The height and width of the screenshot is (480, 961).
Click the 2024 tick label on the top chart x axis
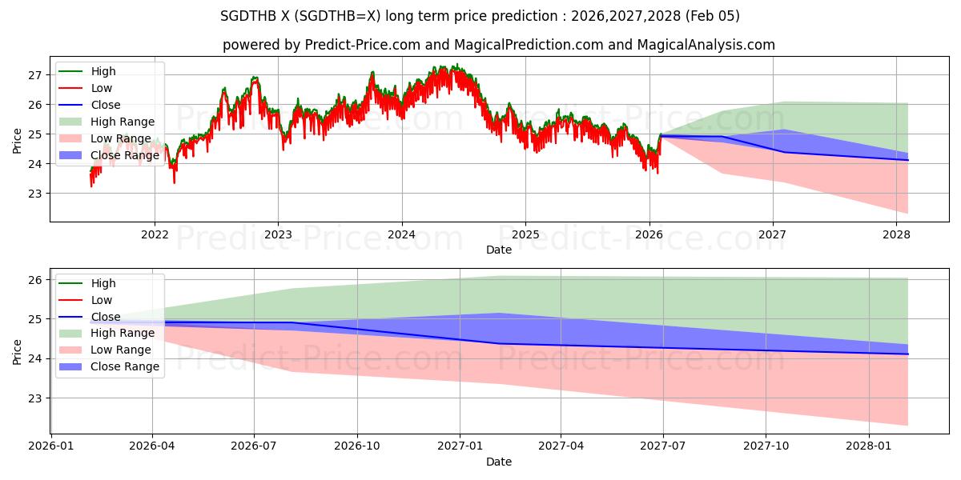tap(401, 235)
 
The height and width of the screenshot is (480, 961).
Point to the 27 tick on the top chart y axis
tap(34, 75)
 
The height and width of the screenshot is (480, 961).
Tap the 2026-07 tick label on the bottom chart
tap(254, 447)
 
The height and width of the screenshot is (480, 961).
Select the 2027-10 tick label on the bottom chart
tap(766, 447)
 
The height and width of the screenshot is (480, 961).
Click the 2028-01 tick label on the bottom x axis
tap(869, 447)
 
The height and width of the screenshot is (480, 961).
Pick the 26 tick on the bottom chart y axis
tap(34, 280)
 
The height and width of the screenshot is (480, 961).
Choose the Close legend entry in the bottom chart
tap(106, 317)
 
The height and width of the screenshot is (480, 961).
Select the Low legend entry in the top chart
tap(102, 88)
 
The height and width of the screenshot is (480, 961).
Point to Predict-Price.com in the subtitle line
tap(363, 45)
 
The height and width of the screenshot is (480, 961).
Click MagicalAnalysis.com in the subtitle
tap(706, 45)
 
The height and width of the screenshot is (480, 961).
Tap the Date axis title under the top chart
tap(499, 250)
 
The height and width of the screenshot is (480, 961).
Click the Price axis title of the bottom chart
tap(18, 350)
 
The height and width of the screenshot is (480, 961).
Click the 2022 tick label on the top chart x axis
tap(154, 235)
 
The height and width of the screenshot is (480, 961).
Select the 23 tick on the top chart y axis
tap(34, 194)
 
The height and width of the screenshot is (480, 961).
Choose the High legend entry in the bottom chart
tap(103, 283)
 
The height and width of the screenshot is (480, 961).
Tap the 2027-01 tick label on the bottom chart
tap(460, 447)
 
